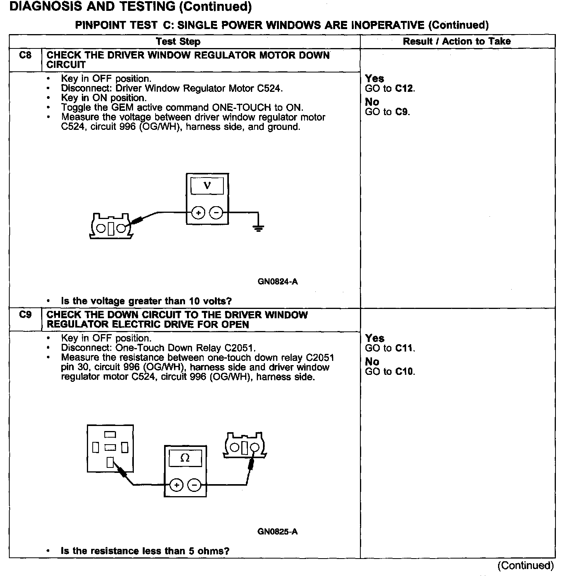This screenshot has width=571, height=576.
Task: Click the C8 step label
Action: pyautogui.click(x=25, y=55)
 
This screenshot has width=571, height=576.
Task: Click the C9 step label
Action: pyautogui.click(x=25, y=314)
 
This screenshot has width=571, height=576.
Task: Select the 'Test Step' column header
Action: pyautogui.click(x=178, y=41)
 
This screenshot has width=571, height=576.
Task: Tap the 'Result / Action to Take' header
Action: pyautogui.click(x=457, y=41)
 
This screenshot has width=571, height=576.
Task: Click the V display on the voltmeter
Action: pyautogui.click(x=207, y=186)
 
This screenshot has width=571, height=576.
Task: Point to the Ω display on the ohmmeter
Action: pyautogui.click(x=185, y=458)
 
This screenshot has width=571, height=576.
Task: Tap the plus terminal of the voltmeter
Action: pyautogui.click(x=198, y=212)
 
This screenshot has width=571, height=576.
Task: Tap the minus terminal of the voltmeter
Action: pyautogui.click(x=216, y=212)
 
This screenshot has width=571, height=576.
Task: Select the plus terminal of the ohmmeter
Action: pyautogui.click(x=176, y=485)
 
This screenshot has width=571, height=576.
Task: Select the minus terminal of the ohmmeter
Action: pyautogui.click(x=195, y=485)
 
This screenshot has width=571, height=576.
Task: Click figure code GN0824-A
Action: pyautogui.click(x=277, y=281)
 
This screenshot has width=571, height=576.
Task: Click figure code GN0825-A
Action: pyautogui.click(x=277, y=531)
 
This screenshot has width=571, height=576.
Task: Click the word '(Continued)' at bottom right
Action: pyautogui.click(x=526, y=566)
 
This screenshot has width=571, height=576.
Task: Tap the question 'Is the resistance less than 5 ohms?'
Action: pyautogui.click(x=145, y=551)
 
